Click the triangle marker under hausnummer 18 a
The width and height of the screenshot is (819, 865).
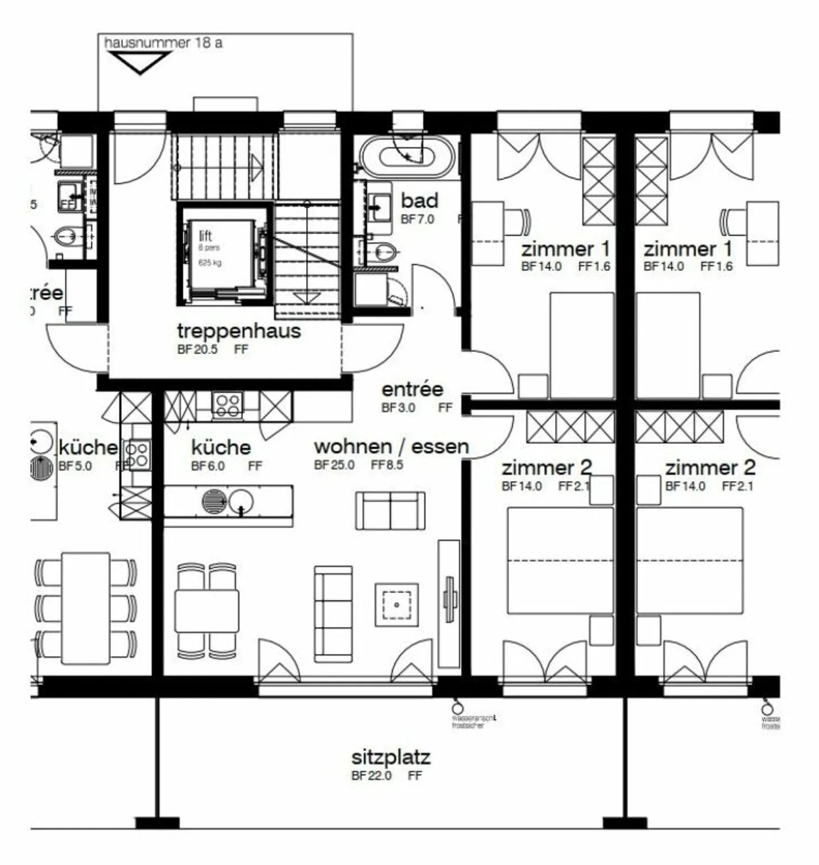[140, 62]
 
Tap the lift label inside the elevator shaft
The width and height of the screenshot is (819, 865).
[205, 235]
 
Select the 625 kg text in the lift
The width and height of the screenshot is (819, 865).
[210, 263]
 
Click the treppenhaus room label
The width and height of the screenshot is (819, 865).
[238, 330]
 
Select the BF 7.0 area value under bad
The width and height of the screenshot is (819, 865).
[417, 219]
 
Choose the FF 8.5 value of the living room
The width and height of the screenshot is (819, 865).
[387, 465]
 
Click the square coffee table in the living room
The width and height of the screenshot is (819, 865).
[396, 605]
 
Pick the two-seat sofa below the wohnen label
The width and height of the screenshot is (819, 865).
[390, 511]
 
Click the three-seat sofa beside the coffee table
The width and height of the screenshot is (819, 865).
[333, 614]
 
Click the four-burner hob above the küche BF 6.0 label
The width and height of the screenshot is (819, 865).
[227, 405]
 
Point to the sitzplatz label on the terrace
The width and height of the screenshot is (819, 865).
[390, 757]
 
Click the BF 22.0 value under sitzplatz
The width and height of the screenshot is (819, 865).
[371, 776]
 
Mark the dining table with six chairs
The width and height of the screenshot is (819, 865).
[86, 608]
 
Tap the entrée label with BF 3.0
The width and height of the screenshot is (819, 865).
[412, 389]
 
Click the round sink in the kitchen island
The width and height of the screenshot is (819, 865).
[241, 501]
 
